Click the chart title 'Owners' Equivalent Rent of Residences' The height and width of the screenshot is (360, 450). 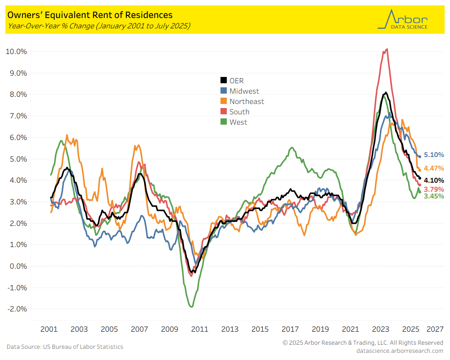[89, 15]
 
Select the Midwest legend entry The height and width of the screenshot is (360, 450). [244, 91]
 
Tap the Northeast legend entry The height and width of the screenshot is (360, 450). [247, 101]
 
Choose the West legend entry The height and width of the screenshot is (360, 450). [238, 122]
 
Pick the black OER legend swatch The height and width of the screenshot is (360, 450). [223, 81]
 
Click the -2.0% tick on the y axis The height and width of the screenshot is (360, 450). [16, 309]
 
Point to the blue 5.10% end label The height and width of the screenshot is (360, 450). [434, 155]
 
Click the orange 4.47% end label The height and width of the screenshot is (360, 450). [434, 168]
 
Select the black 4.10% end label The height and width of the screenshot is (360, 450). [434, 180]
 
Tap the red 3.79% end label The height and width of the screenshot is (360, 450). [434, 189]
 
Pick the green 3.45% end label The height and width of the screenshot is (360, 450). [434, 196]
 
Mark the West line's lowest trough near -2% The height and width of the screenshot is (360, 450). [192, 307]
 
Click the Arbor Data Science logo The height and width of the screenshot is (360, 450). [403, 20]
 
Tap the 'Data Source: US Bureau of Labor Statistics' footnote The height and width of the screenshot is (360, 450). [65, 346]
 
